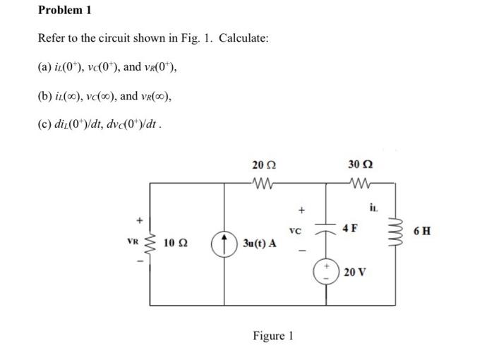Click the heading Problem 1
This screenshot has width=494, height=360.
click(64, 11)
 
